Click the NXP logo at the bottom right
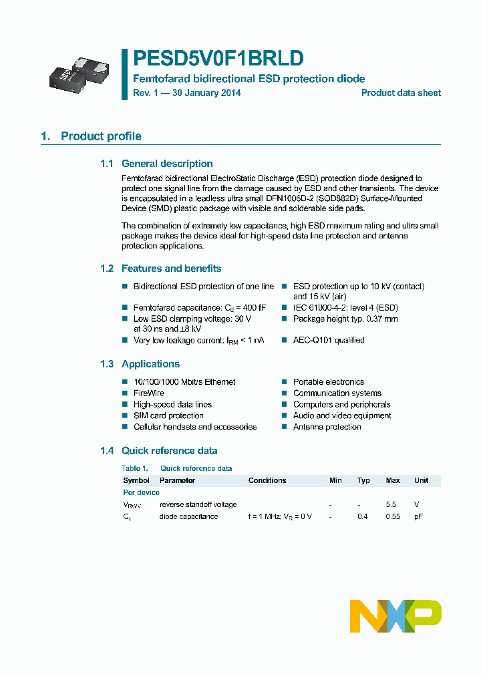point(395,616)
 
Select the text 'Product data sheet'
point(401,93)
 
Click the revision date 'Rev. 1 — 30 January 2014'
point(186,93)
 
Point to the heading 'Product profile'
point(101,136)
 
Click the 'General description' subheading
point(167,164)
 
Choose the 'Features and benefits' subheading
point(171,269)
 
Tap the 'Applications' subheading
point(150,364)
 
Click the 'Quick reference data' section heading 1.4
point(169,451)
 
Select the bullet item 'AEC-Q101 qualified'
point(329,340)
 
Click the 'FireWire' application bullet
point(149,393)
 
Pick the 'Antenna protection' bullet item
point(327,427)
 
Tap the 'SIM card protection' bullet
point(168,415)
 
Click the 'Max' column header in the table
point(393,480)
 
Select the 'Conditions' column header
point(267,480)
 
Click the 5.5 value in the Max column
point(391,504)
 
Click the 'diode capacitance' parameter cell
point(188,516)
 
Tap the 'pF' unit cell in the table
point(418,516)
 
